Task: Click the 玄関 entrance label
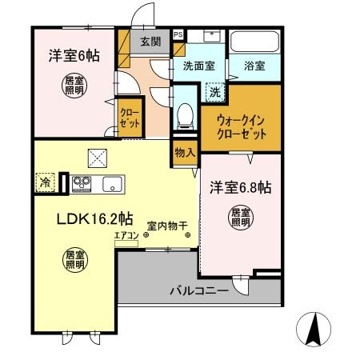(x=150, y=42)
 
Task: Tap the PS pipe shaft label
(x=178, y=34)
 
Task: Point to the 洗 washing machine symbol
(x=214, y=93)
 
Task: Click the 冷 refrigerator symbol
(x=44, y=182)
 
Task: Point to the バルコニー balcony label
(x=198, y=290)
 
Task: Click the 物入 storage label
(x=185, y=151)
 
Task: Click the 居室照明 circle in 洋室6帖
(x=74, y=84)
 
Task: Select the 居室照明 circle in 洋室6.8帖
(x=239, y=218)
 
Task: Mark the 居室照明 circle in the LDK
(x=75, y=258)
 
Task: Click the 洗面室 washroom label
(x=198, y=67)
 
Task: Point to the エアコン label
(x=126, y=235)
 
